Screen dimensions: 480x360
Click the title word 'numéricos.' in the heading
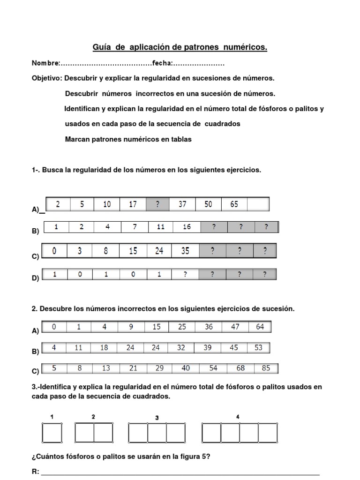242,47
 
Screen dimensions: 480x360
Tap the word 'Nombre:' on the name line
45,63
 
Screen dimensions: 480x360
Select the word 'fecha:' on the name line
162,63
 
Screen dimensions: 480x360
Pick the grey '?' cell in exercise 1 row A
157,204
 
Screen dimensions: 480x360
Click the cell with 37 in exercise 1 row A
183,204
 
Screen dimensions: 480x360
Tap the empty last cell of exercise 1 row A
258,204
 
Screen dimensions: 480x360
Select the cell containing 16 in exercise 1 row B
187,227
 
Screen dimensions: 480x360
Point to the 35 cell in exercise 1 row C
186,251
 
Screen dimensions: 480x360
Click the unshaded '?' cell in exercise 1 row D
186,274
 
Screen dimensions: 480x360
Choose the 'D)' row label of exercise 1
35,278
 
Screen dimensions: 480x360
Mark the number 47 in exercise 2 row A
235,327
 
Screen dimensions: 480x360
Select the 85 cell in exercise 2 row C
266,368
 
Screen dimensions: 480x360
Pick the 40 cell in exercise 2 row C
186,368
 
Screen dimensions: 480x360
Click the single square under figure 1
52,433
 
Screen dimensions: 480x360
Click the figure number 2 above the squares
93,416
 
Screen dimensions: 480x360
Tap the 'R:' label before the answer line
36,472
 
